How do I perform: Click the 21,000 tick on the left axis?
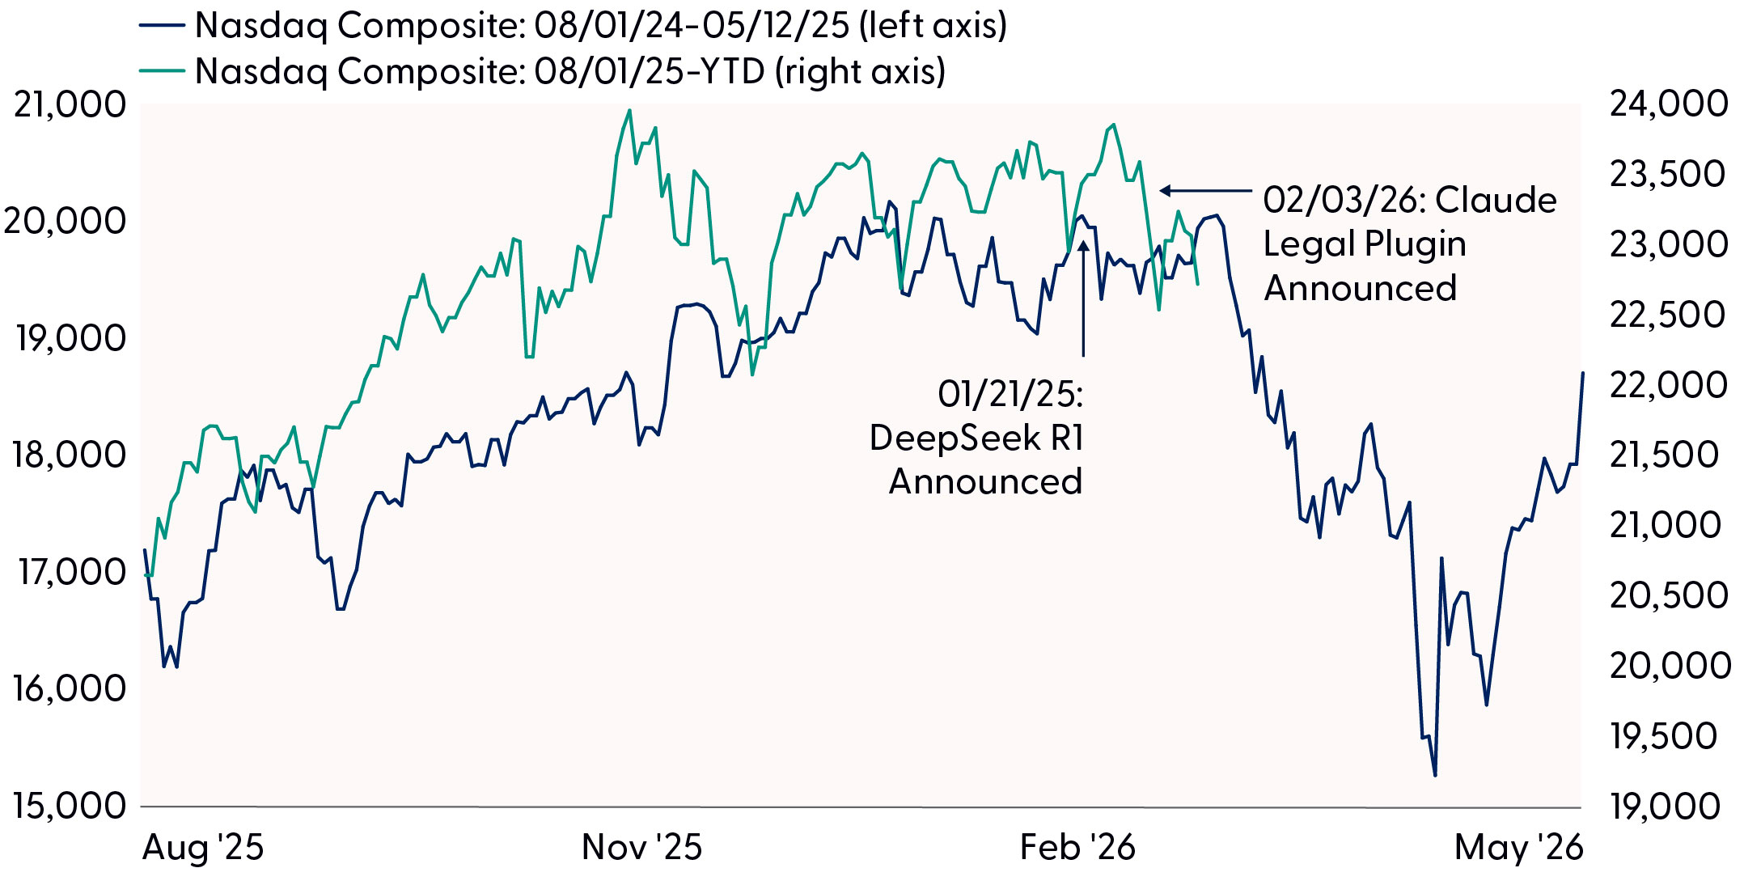70,104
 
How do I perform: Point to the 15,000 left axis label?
70,805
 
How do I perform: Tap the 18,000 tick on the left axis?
70,455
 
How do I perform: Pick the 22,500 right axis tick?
1668,315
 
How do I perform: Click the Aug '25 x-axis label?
203,848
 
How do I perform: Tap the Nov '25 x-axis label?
641,848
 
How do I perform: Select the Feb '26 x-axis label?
1077,848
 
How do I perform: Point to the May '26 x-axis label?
1518,848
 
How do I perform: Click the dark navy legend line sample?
162,26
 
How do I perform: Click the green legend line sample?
162,71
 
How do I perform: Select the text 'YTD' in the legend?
733,71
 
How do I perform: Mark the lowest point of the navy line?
1435,776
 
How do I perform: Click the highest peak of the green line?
630,111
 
